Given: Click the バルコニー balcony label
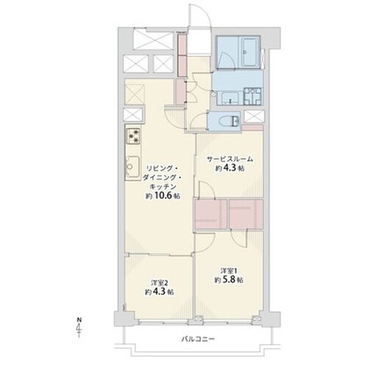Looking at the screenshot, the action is coord(198,339).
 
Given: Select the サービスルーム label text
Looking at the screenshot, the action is coord(230,159).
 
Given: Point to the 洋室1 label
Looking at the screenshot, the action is coord(229,271).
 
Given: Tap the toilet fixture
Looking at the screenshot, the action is coord(232,121).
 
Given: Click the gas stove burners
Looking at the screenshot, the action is coord(133,136).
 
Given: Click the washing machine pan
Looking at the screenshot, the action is coord(253,96).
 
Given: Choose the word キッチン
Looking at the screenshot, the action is coord(163,187).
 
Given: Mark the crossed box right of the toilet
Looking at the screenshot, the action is coord(255,116).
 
